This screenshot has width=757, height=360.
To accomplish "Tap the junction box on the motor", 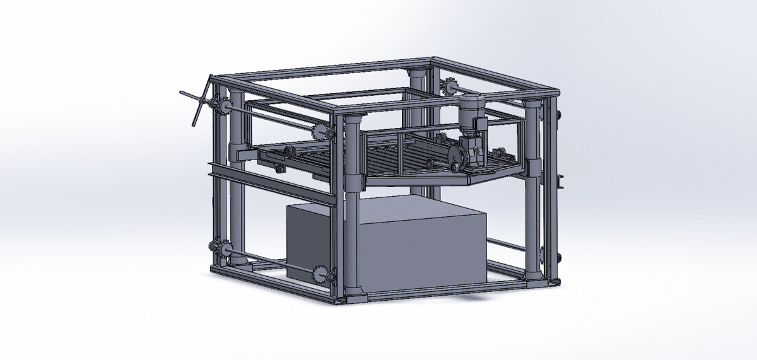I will pos(481,124).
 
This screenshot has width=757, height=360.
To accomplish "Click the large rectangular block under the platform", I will pos(416,246).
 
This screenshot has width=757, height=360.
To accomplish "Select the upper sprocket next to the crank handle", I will pos(221,107).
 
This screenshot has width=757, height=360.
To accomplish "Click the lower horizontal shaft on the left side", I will pos(271,260).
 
